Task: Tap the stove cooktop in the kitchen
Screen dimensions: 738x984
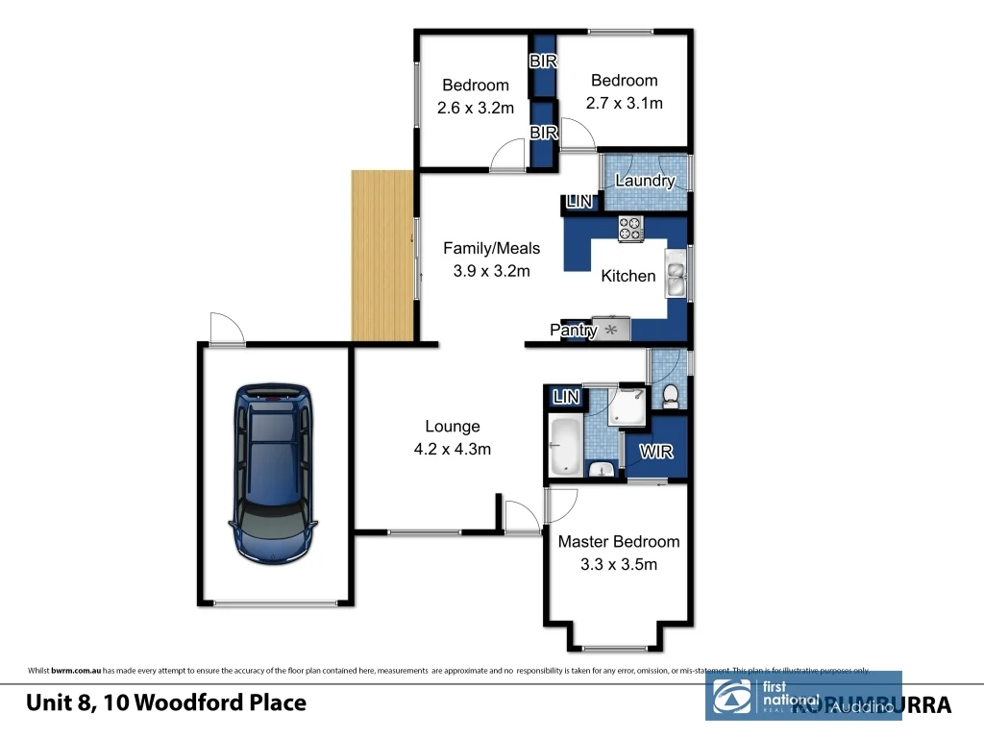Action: (x=630, y=228)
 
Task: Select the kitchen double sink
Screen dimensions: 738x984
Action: (x=676, y=273)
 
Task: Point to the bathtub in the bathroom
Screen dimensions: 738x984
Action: (x=564, y=445)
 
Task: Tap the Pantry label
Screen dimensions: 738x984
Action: (x=574, y=330)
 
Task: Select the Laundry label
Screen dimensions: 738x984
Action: (x=645, y=181)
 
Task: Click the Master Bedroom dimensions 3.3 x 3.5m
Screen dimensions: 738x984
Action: (x=618, y=564)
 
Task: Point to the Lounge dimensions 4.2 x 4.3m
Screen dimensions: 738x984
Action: (x=453, y=449)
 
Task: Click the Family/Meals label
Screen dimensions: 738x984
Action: (x=491, y=248)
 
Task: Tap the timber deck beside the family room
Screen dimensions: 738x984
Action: (x=382, y=255)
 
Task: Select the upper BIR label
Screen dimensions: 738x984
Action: (x=544, y=61)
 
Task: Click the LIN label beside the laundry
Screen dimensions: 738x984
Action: (x=578, y=202)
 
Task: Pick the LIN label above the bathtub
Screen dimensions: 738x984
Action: (x=567, y=396)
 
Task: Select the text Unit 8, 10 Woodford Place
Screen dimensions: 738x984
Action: (x=166, y=702)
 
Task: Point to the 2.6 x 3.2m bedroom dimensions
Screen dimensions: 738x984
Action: (x=475, y=108)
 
